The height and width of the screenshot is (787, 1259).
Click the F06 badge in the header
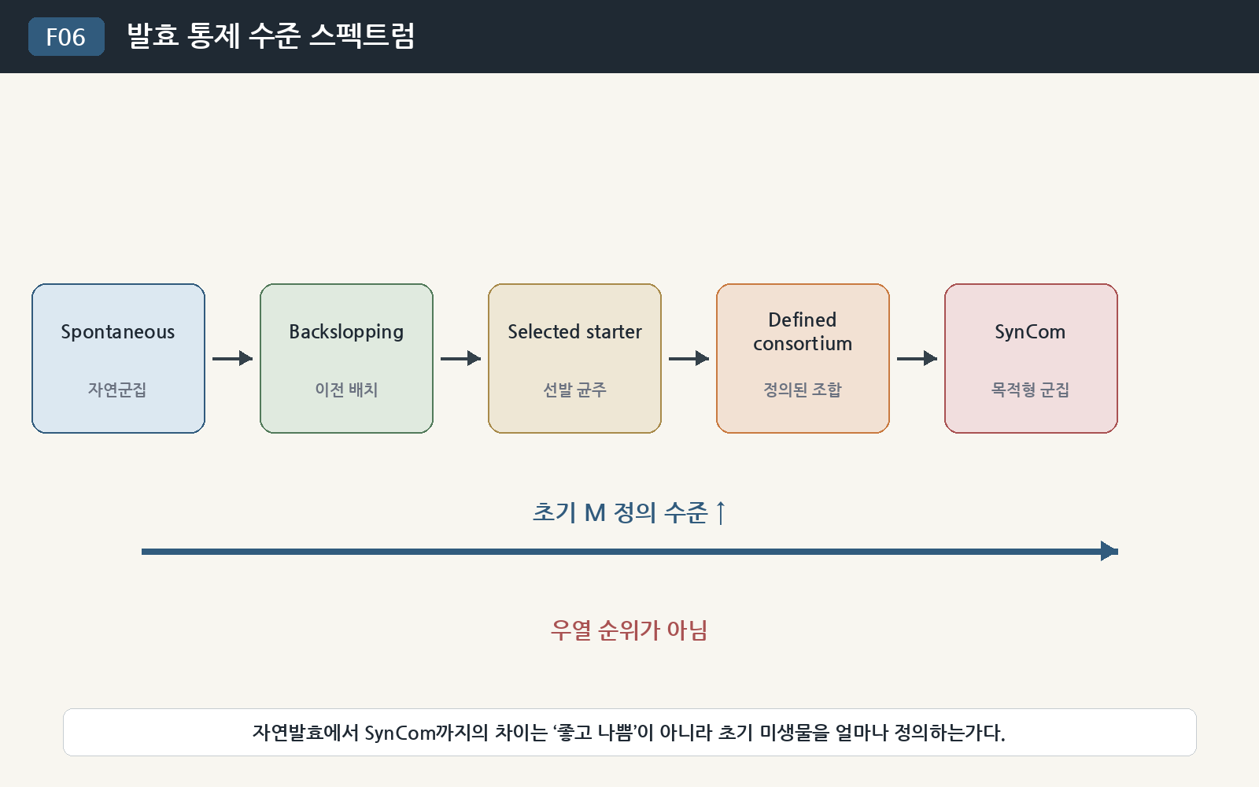point(66,36)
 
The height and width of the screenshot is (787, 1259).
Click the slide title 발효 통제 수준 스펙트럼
point(271,36)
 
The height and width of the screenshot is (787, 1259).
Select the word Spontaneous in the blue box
point(118,332)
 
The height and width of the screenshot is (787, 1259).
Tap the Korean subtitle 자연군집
point(117,390)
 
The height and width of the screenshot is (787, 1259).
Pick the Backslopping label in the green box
point(346,332)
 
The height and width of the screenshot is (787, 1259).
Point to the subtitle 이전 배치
point(346,390)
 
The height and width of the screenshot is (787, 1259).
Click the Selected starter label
point(574,331)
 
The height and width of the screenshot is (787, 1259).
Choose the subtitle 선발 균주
point(574,390)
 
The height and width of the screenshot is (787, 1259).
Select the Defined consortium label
point(803,331)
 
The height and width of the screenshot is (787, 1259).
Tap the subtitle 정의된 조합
point(803,390)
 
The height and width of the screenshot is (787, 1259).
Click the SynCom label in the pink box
point(1030,332)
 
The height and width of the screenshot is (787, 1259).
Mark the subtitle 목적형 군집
point(1030,390)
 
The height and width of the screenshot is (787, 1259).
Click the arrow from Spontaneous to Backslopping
point(233,358)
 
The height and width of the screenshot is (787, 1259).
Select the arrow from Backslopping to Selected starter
point(461,358)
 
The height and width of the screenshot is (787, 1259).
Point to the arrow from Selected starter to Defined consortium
point(689,358)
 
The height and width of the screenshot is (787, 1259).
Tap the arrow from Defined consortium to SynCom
point(917,358)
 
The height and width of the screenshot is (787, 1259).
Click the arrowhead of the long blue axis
point(1109,552)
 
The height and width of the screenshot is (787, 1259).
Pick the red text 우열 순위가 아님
point(629,630)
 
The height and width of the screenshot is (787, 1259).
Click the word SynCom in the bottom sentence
point(401,733)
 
